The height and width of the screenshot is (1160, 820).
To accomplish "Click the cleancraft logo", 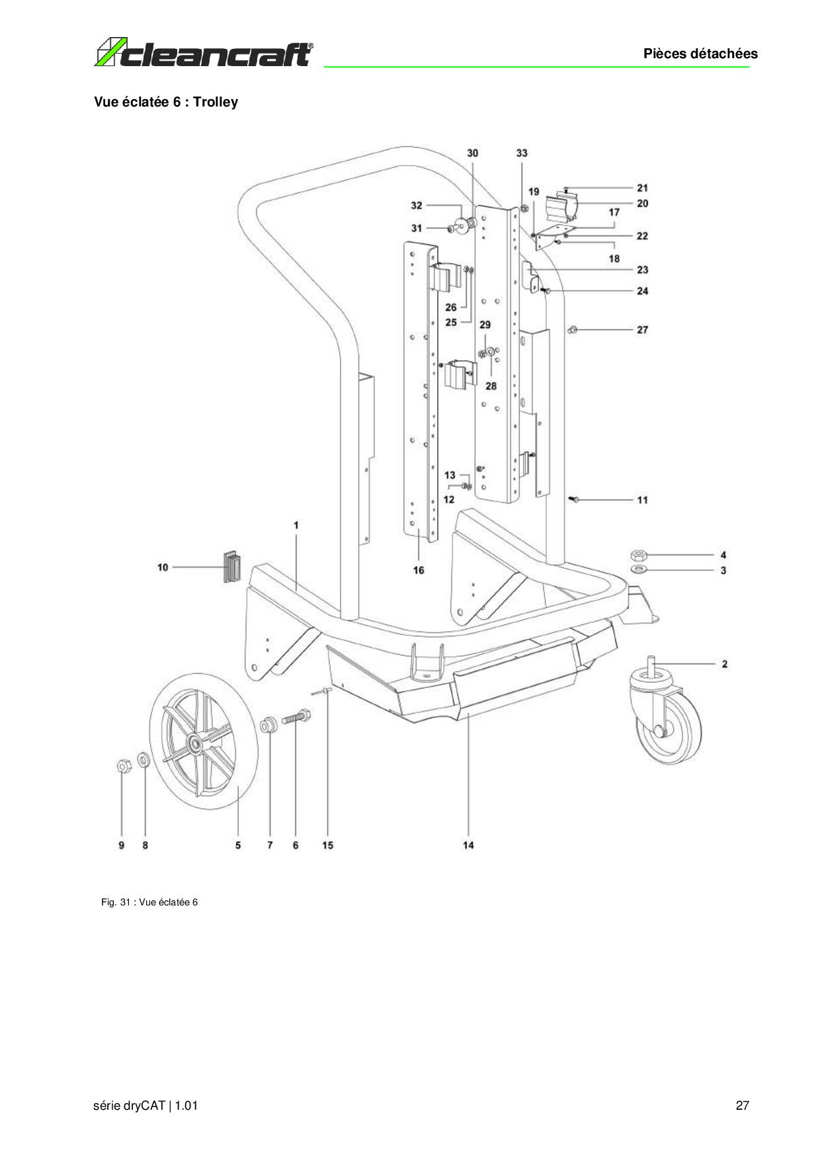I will [x=204, y=54].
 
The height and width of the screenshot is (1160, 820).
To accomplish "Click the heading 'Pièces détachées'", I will [x=700, y=54].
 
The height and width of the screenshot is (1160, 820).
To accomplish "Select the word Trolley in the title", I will [x=216, y=102].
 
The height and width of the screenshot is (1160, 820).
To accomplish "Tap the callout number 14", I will [x=468, y=845].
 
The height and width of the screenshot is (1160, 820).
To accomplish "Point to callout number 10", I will [x=163, y=567].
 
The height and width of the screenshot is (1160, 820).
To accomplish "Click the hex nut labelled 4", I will [x=639, y=554].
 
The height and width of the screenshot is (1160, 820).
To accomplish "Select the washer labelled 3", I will [x=639, y=569].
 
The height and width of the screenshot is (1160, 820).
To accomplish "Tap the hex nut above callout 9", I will [x=122, y=766].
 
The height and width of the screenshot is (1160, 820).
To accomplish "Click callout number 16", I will [x=419, y=570].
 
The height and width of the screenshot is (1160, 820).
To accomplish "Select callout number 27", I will [x=642, y=329].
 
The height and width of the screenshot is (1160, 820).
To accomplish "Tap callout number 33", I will [x=522, y=153].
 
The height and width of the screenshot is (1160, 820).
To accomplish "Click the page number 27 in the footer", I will [x=742, y=1106].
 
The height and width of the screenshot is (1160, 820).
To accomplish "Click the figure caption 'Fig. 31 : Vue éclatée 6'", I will [x=149, y=902].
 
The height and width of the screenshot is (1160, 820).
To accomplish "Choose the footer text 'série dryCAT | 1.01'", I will [x=146, y=1106].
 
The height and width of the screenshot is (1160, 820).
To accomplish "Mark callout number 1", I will [x=296, y=525].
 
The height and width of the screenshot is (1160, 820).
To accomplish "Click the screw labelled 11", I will [x=573, y=500].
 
